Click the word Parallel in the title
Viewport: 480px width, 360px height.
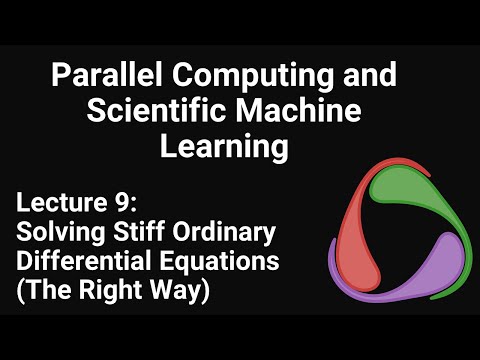(107, 74)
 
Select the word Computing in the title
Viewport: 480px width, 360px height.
(253, 76)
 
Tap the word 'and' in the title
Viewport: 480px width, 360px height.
(370, 74)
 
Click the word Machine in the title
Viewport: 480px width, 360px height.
(299, 110)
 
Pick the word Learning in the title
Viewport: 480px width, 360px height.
(224, 147)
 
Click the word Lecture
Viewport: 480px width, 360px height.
(61, 203)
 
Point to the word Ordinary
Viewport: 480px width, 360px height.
(224, 233)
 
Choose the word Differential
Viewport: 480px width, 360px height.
(84, 260)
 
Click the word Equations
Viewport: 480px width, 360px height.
(219, 262)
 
